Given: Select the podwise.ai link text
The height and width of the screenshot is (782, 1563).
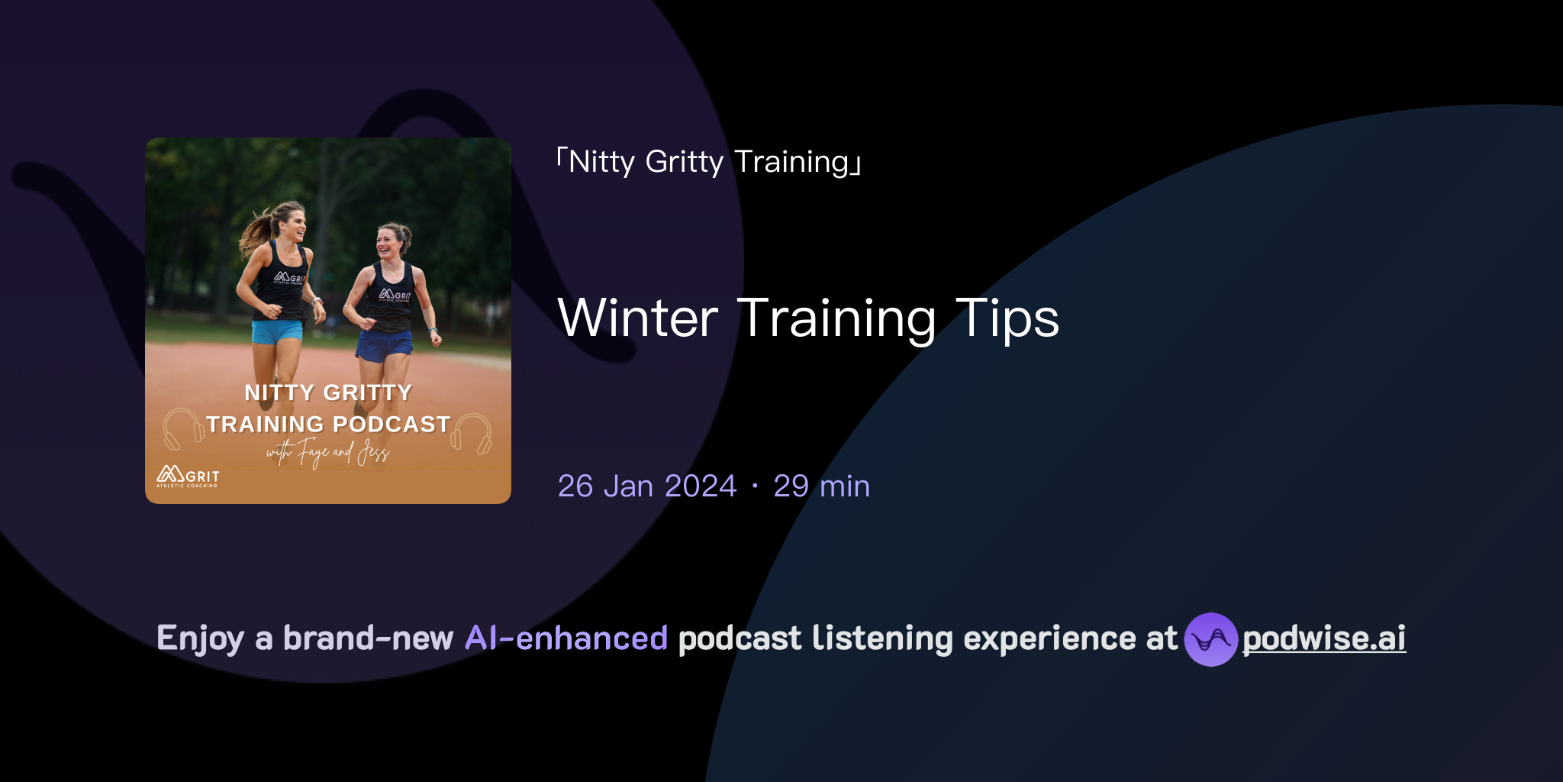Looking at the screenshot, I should [x=1324, y=638].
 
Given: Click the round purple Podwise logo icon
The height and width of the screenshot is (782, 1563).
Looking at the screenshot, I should [x=1210, y=639].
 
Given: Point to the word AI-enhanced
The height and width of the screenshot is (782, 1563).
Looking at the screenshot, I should [x=566, y=638].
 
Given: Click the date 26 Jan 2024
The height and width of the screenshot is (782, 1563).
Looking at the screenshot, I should [x=647, y=486].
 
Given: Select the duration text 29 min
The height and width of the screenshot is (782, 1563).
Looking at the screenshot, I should [x=821, y=486].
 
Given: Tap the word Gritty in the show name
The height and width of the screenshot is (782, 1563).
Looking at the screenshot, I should [x=684, y=162].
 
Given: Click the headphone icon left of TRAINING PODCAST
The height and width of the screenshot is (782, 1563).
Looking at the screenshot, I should [x=182, y=429].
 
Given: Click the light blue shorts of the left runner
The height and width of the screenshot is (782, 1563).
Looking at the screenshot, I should [x=276, y=331].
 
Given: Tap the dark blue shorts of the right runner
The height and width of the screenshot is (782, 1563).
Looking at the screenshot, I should [x=384, y=345].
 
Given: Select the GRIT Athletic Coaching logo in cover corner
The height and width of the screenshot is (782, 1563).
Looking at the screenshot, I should [x=188, y=477].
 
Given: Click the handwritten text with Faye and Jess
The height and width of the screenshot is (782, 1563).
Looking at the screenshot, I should [x=328, y=453].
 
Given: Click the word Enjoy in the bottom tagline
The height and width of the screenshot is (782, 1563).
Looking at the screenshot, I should [x=200, y=638].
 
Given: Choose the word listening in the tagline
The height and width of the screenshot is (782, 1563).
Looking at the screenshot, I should [x=882, y=638].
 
